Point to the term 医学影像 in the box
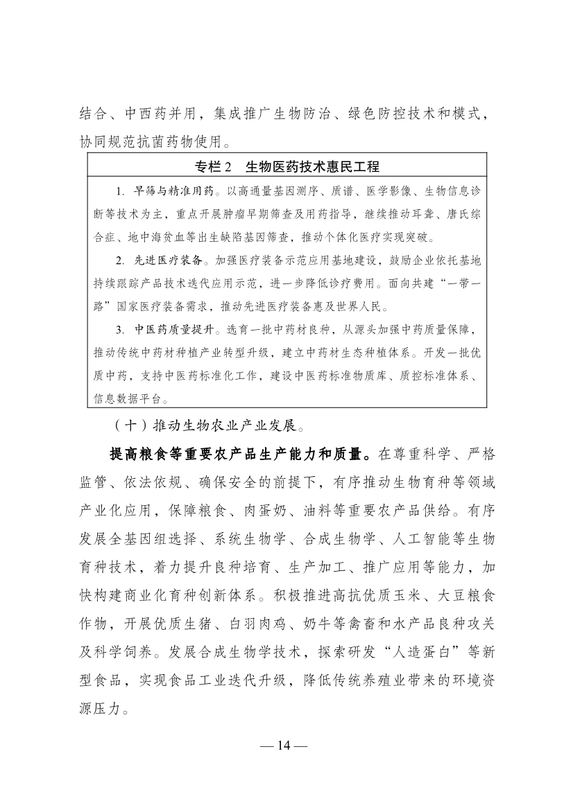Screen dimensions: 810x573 (373, 190)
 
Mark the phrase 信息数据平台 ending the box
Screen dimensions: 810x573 (125, 398)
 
